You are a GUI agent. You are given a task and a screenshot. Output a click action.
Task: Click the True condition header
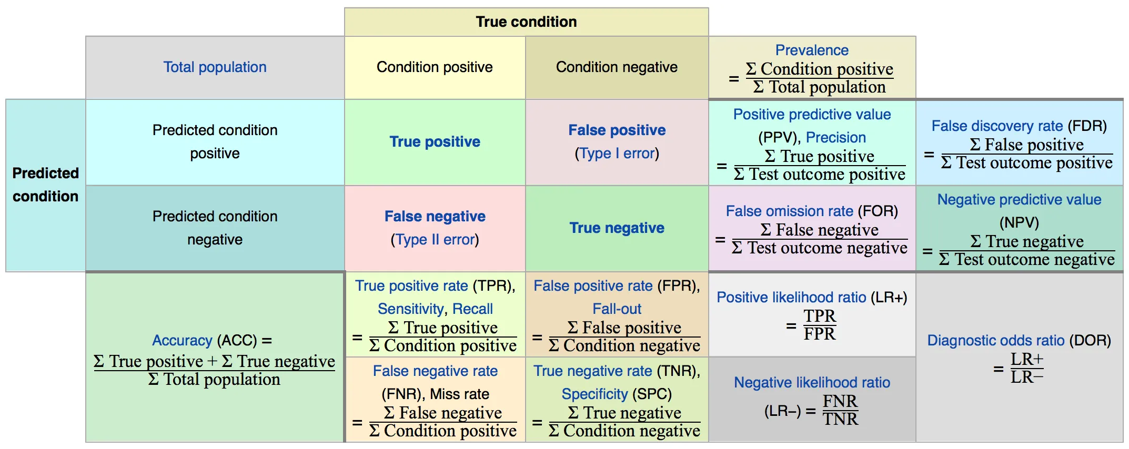pyautogui.click(x=526, y=22)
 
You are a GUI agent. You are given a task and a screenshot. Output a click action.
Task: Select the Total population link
pyautogui.click(x=215, y=67)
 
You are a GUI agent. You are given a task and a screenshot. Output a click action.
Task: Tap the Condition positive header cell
pyautogui.click(x=435, y=67)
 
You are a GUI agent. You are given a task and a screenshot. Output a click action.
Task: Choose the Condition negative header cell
pyautogui.click(x=617, y=67)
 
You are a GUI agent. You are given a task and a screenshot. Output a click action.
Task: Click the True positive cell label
pyautogui.click(x=435, y=141)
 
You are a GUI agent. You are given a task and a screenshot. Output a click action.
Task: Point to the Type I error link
pyautogui.click(x=617, y=154)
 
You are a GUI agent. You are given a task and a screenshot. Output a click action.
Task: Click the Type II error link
pyautogui.click(x=435, y=240)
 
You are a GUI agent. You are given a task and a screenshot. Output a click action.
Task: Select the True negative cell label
pyautogui.click(x=617, y=228)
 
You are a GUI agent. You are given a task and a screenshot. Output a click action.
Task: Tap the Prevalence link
pyautogui.click(x=812, y=50)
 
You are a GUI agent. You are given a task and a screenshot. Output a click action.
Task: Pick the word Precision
pyautogui.click(x=835, y=138)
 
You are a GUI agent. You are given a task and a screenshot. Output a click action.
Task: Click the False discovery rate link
pyautogui.click(x=997, y=126)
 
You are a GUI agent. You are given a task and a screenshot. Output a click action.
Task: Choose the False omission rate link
pyautogui.click(x=789, y=211)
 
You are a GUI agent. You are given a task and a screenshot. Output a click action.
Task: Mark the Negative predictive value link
pyautogui.click(x=1019, y=200)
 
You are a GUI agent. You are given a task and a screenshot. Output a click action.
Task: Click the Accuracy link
pyautogui.click(x=182, y=341)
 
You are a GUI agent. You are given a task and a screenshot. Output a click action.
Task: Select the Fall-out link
pyautogui.click(x=617, y=309)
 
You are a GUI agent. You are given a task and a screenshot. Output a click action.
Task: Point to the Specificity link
pyautogui.click(x=594, y=394)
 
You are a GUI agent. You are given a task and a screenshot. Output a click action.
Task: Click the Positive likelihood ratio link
pyautogui.click(x=791, y=298)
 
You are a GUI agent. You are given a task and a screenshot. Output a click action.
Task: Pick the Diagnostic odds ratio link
pyautogui.click(x=995, y=341)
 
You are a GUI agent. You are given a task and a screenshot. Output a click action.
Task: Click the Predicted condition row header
pyautogui.click(x=46, y=185)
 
